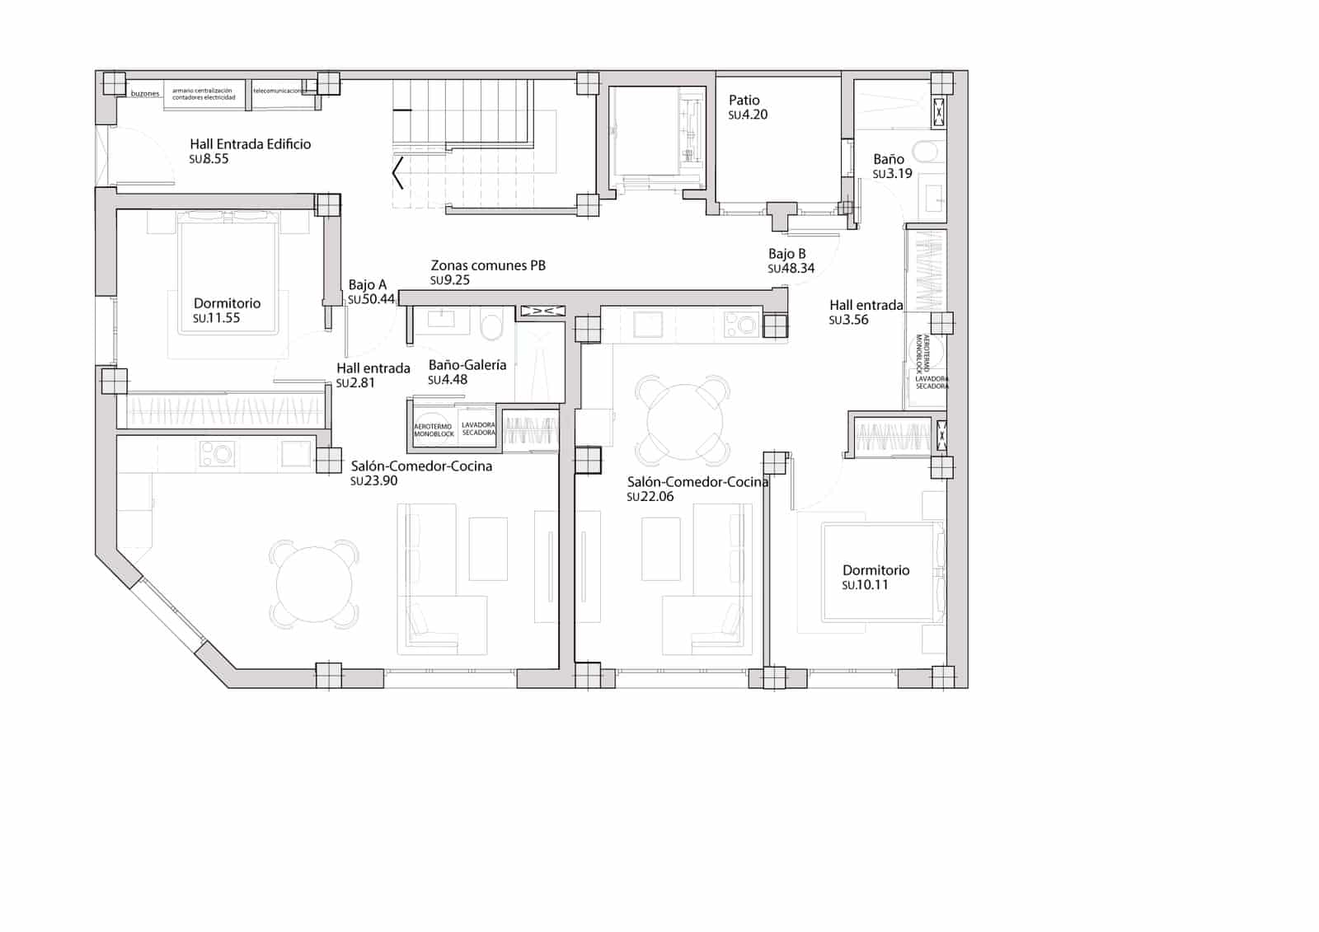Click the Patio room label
pyautogui.click(x=744, y=101)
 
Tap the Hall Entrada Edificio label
pyautogui.click(x=250, y=144)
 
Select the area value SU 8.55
pyautogui.click(x=209, y=159)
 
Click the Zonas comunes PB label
pyautogui.click(x=488, y=265)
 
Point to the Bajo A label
pyautogui.click(x=367, y=285)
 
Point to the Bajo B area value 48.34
pyautogui.click(x=791, y=269)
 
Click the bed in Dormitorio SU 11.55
pyautogui.click(x=227, y=272)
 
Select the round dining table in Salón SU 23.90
pyautogui.click(x=314, y=584)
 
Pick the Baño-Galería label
pyautogui.click(x=467, y=365)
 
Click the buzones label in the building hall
pyautogui.click(x=145, y=94)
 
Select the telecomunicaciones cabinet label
pyautogui.click(x=277, y=91)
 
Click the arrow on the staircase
pyautogui.click(x=397, y=173)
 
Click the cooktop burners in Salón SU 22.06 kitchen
pyautogui.click(x=740, y=324)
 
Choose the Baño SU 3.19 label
pyautogui.click(x=889, y=159)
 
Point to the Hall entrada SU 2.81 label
pyautogui.click(x=373, y=368)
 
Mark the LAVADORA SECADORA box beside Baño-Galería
pyautogui.click(x=478, y=428)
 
